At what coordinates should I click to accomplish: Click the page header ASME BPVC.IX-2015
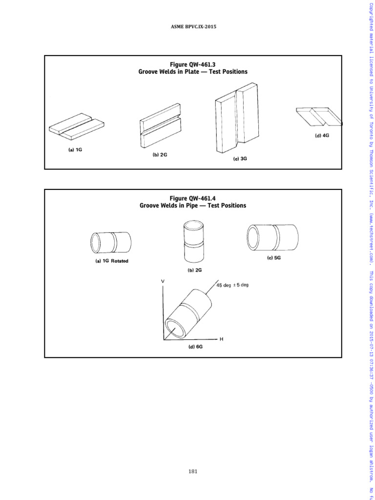(193, 27)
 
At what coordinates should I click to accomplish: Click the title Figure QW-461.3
(192, 64)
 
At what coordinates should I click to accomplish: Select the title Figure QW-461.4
(192, 198)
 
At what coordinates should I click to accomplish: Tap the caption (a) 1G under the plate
(75, 150)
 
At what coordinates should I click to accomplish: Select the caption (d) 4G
(322, 136)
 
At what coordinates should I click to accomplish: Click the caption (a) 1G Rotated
(112, 261)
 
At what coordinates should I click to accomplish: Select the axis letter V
(163, 281)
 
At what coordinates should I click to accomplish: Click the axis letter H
(221, 338)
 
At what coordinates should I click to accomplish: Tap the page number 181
(192, 471)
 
